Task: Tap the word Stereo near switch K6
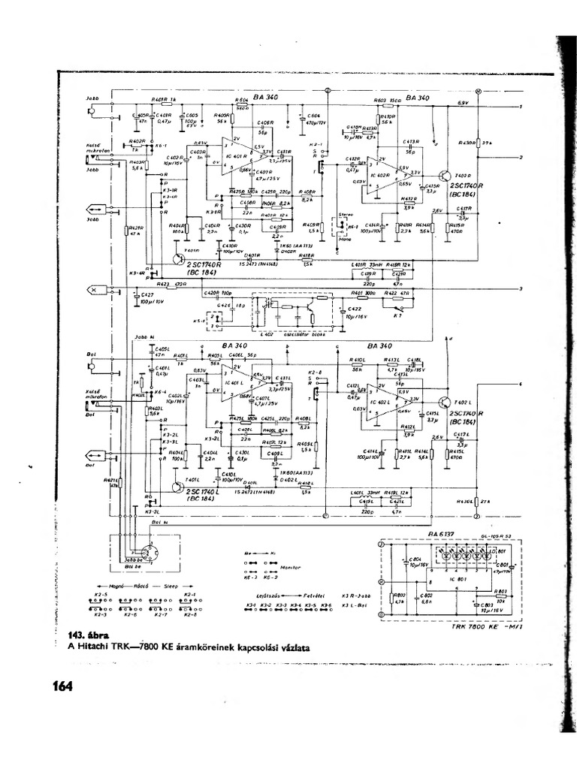point(345,214)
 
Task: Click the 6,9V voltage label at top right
point(463,101)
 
